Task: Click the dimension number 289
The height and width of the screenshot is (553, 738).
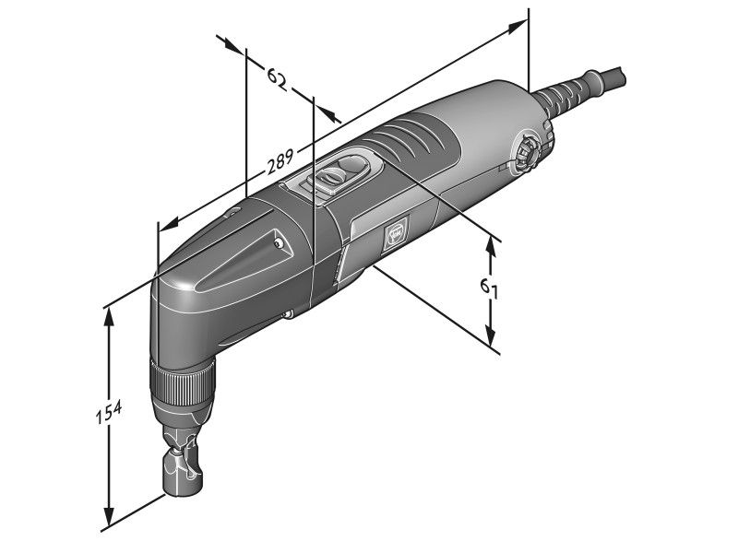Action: pos(280,165)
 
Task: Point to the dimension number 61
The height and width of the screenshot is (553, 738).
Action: pos(490,288)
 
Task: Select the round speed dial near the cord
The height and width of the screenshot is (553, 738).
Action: pos(530,149)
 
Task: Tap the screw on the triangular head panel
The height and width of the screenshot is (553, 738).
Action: pos(278,243)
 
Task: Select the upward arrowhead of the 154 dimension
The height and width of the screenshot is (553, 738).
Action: pos(110,314)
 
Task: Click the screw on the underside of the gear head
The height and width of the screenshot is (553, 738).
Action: pos(287,315)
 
